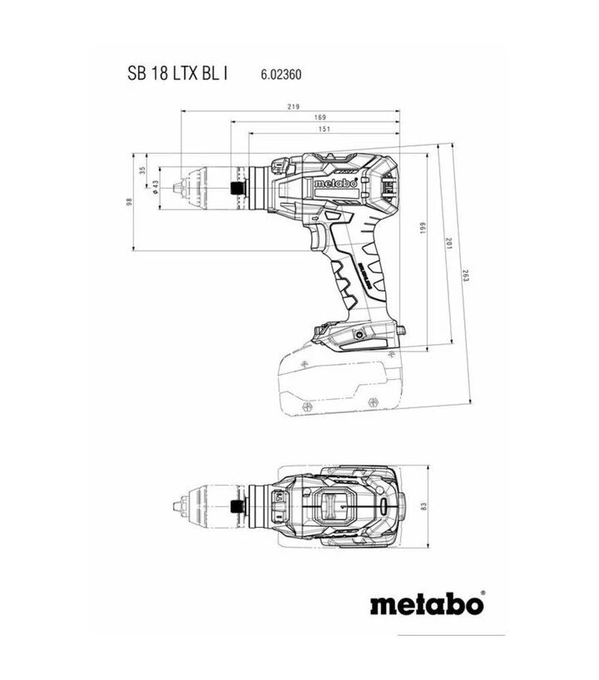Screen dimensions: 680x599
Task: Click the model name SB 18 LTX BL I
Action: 178,73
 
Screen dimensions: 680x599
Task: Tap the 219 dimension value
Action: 292,106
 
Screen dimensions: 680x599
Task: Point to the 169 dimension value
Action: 320,118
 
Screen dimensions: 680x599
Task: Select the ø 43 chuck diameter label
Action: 156,186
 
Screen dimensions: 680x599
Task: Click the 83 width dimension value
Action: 423,506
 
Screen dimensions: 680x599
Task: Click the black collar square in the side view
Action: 238,186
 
